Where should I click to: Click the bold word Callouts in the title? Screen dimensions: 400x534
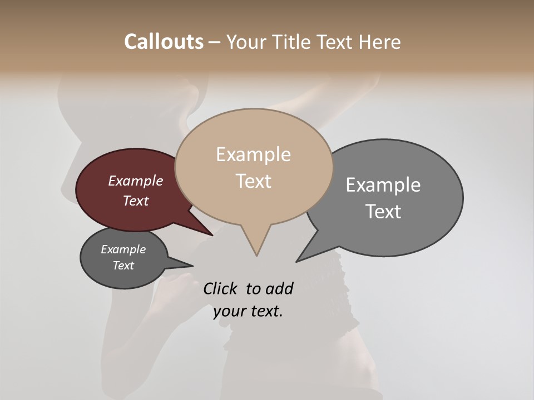tap(164, 42)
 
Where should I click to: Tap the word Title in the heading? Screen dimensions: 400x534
tap(293, 42)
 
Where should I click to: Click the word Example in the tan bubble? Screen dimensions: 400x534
tap(253, 154)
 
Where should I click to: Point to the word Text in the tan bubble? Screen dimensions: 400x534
tap(253, 181)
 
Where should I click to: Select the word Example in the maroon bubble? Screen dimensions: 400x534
tap(135, 181)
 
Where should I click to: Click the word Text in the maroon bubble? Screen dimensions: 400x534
tap(135, 201)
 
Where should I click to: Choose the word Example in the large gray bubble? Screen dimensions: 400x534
tap(383, 184)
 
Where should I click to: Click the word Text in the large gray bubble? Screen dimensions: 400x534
tap(383, 211)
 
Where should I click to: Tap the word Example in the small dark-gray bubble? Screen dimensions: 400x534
tap(123, 249)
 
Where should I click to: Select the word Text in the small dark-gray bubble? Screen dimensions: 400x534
tap(123, 266)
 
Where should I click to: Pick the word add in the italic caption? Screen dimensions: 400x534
tap(280, 288)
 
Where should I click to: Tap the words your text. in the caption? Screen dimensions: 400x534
tap(248, 311)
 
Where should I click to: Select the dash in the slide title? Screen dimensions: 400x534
tap(215, 42)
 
